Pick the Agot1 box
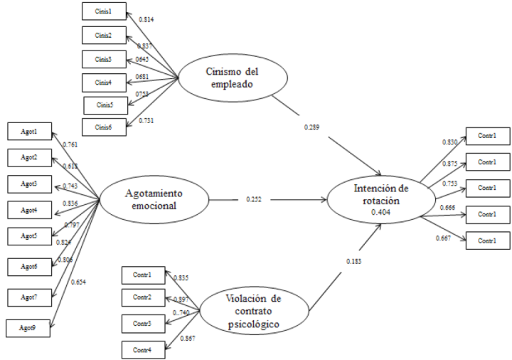pyautogui.click(x=29, y=132)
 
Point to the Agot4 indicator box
pyautogui.click(x=29, y=211)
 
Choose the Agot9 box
pyautogui.click(x=29, y=328)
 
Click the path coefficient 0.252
pyautogui.click(x=255, y=199)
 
